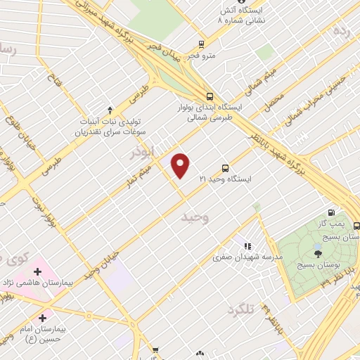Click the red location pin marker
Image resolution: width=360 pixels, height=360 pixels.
point(181,165)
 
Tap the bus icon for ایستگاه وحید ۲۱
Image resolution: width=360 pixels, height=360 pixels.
point(225,168)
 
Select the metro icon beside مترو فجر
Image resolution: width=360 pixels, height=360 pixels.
point(202,44)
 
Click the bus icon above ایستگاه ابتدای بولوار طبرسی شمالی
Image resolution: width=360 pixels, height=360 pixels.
point(209,97)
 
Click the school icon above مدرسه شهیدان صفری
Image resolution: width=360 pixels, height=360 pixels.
point(247,246)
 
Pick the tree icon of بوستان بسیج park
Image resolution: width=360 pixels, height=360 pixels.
point(319,254)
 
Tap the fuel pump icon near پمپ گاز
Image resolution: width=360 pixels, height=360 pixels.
point(331,212)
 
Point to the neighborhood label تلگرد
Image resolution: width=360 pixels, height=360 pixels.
point(239,309)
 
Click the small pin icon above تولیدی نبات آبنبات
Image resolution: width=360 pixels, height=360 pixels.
point(110,109)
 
